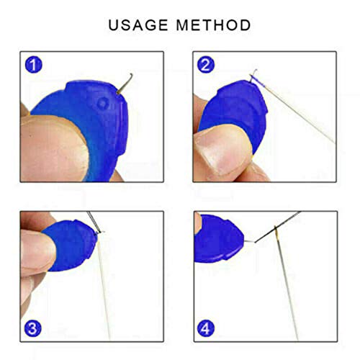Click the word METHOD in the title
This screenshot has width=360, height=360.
coord(212,25)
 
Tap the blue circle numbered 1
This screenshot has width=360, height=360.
coord(33,64)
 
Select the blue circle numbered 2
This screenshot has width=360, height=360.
coord(206,64)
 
